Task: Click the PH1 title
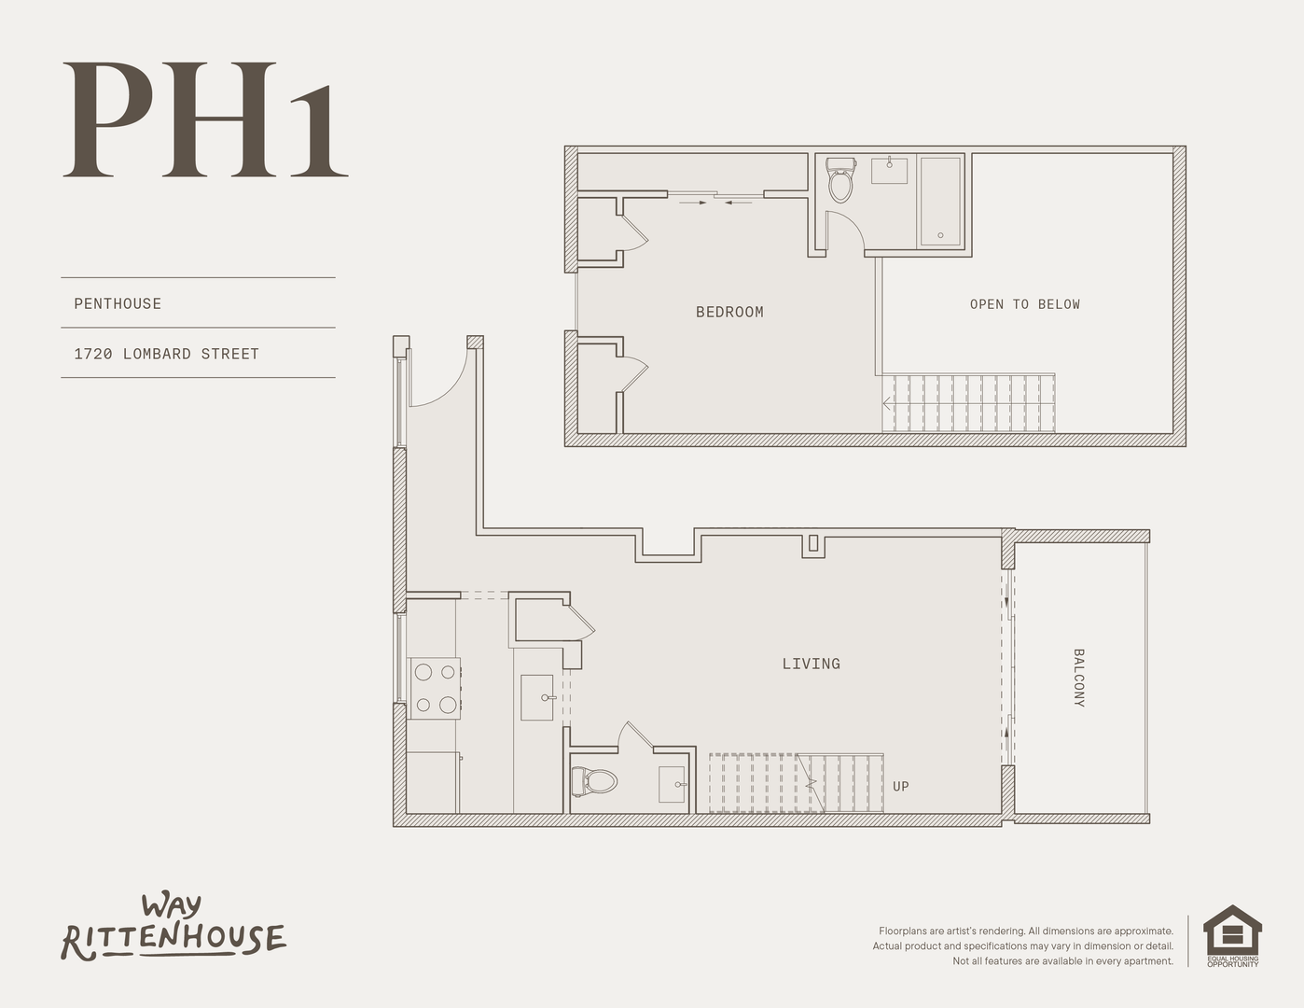(205, 119)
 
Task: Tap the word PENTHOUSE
(118, 303)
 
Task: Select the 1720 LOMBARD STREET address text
(167, 355)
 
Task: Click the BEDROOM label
(729, 312)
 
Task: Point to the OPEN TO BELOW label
(1025, 304)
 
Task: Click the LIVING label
(812, 664)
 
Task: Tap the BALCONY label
(1078, 678)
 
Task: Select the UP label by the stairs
(901, 787)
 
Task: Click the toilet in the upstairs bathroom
(840, 179)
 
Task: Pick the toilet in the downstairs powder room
(594, 781)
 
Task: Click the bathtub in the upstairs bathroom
(940, 201)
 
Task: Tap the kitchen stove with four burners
(435, 688)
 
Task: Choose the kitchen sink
(537, 697)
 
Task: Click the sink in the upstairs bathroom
(889, 170)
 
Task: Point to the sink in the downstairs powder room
(673, 784)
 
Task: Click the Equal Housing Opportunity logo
(1233, 936)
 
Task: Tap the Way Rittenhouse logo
(173, 928)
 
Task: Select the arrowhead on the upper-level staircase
(886, 403)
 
